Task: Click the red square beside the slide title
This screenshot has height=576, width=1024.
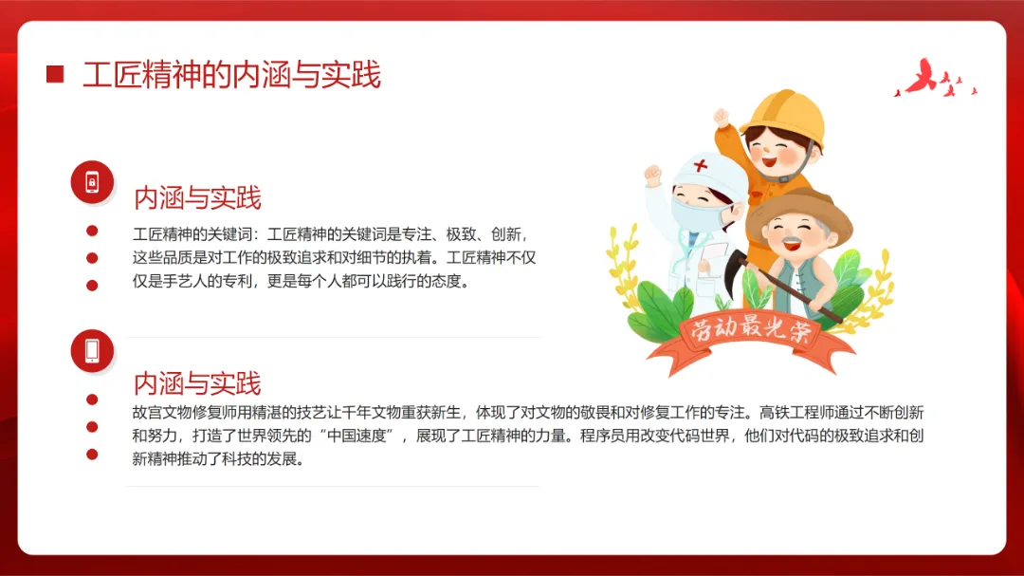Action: (55, 74)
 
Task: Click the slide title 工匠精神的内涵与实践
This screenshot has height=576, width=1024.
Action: (231, 75)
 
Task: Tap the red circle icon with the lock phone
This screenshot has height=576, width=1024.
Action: (92, 182)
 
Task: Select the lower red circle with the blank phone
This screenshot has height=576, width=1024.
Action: (92, 350)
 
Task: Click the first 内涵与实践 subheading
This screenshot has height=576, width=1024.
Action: (197, 197)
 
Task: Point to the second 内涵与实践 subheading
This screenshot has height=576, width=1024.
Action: (197, 383)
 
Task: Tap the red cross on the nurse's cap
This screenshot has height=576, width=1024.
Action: (700, 165)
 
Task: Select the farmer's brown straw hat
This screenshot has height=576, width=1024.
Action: (799, 213)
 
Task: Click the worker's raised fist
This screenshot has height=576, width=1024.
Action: (722, 118)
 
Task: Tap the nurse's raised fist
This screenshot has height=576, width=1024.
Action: (652, 175)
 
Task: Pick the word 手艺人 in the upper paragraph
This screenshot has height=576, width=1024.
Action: (185, 281)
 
